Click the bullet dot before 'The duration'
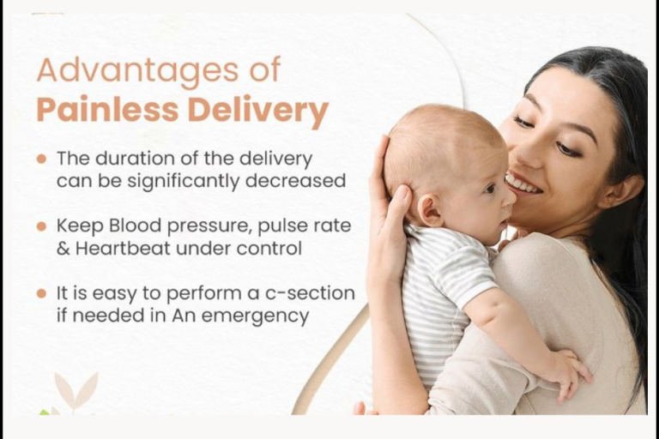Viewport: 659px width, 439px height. (41, 159)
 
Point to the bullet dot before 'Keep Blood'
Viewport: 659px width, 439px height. (41, 226)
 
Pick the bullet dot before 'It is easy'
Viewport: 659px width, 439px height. (41, 293)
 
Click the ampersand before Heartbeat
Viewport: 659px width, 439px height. (63, 249)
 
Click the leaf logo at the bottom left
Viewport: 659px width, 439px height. (76, 393)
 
